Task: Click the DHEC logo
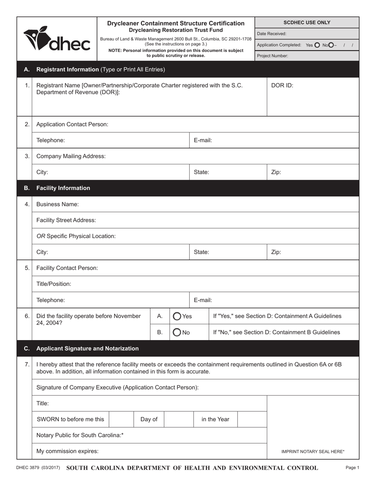(57, 39)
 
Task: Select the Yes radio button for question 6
(177, 316)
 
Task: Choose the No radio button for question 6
(177, 332)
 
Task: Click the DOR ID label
(282, 85)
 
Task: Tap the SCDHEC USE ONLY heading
(307, 23)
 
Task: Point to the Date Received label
(272, 34)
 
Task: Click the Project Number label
(273, 56)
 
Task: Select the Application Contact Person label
(72, 124)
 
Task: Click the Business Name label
(57, 204)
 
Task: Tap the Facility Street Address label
(66, 220)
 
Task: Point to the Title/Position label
(54, 284)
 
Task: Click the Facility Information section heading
(63, 188)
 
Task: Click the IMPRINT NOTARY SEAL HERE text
(313, 451)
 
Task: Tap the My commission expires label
(67, 451)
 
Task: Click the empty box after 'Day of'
(179, 419)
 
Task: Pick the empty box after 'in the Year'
(252, 419)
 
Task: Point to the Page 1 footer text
(352, 468)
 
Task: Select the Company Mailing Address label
(71, 156)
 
